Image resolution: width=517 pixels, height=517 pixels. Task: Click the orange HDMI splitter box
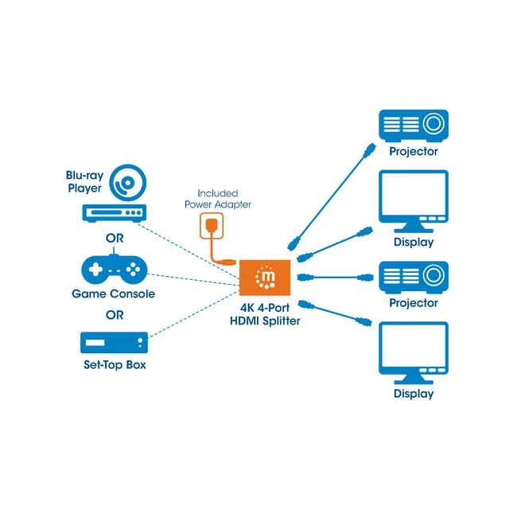(265, 278)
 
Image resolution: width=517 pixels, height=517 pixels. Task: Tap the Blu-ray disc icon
(128, 183)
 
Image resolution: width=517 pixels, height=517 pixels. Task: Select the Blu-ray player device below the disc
(115, 213)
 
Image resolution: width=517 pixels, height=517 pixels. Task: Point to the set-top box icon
(114, 343)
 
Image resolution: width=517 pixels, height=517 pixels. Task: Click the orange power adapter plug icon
(212, 226)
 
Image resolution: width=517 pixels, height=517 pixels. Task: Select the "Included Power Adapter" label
(218, 199)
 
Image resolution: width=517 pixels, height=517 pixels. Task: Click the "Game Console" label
(114, 293)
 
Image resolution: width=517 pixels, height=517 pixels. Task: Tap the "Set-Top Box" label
(115, 364)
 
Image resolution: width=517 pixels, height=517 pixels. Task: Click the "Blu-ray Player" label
(85, 181)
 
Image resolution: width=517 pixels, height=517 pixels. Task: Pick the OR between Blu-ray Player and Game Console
(115, 238)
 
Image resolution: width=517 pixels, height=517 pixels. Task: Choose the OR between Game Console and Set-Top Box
(115, 315)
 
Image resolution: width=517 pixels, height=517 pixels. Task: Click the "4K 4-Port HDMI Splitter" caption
(265, 314)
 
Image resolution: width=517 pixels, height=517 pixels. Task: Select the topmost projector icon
(414, 126)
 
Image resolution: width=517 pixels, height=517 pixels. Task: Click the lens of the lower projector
(433, 275)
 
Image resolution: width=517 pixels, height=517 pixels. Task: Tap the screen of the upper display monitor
(414, 193)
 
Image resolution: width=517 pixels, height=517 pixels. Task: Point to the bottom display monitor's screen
(414, 345)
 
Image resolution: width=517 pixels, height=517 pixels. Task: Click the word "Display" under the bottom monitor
(414, 394)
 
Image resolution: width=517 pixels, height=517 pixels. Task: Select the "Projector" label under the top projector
(414, 151)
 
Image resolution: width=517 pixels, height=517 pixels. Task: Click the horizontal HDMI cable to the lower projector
(336, 278)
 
